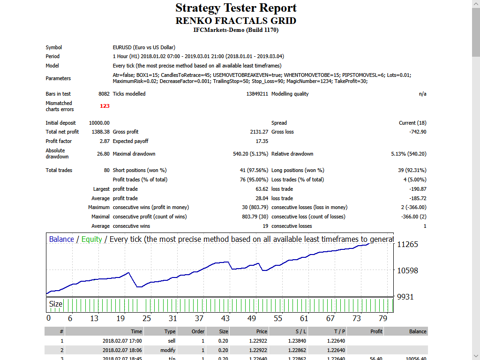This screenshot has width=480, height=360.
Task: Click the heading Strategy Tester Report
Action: [x=236, y=8]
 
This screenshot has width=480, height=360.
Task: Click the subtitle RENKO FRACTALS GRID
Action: [x=236, y=21]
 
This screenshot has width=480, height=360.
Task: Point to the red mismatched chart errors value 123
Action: [x=105, y=106]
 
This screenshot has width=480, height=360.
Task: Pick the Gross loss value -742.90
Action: [x=418, y=132]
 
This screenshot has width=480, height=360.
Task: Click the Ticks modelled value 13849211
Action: [x=257, y=94]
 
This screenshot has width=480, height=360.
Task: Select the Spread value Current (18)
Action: [x=412, y=123]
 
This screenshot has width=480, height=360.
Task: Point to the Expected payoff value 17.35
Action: [x=262, y=141]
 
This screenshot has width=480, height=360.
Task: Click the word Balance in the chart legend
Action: [x=61, y=239]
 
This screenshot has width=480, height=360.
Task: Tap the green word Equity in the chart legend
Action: [x=91, y=239]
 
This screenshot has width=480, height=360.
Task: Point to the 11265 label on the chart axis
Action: [x=407, y=245]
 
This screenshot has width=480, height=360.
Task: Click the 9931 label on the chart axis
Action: [x=405, y=297]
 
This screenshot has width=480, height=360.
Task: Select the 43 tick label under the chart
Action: [x=225, y=319]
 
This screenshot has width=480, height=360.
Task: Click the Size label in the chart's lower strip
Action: [x=56, y=304]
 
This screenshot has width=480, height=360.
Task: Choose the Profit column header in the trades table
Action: [x=376, y=331]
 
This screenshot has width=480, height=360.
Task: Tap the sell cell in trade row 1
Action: [x=170, y=341]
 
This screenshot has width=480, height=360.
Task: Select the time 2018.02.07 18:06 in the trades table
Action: [x=122, y=350]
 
